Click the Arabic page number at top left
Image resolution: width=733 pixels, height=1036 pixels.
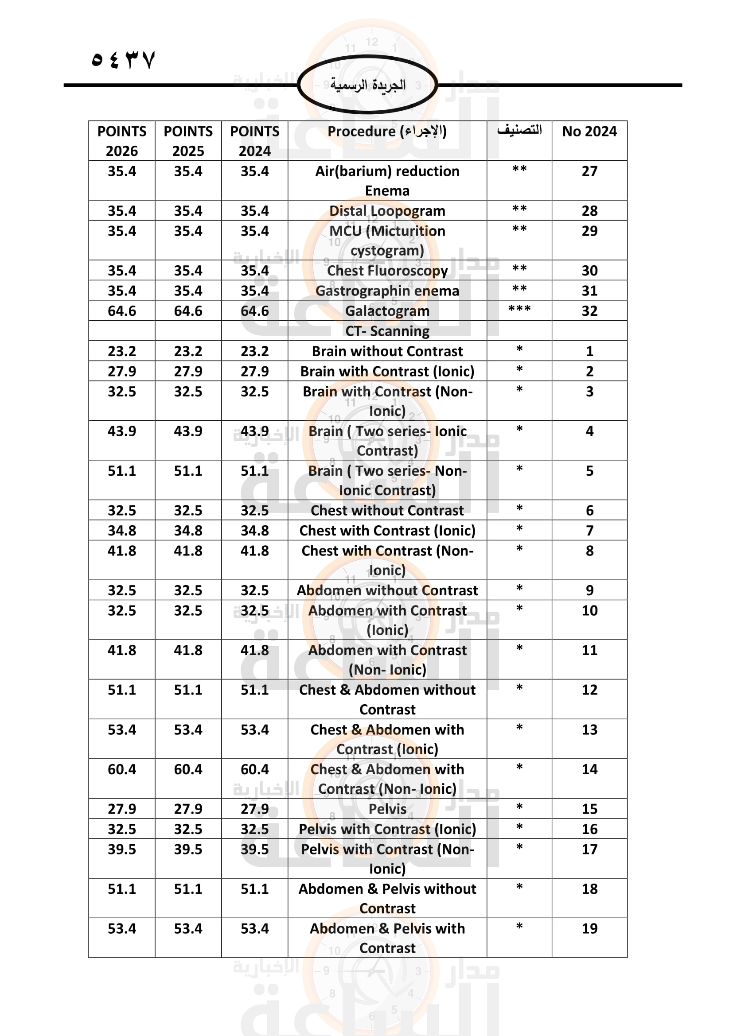tap(123, 59)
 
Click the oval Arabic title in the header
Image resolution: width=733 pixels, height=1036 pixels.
tap(367, 85)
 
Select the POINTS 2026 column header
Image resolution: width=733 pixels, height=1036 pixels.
tap(122, 140)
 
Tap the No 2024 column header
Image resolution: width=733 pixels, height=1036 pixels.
tap(589, 131)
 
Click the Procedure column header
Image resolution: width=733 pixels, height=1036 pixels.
tap(387, 131)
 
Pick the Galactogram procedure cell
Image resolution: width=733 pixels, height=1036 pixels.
tap(387, 311)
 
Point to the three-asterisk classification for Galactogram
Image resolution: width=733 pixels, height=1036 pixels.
tap(519, 310)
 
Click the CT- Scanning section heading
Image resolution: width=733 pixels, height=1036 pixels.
tap(387, 331)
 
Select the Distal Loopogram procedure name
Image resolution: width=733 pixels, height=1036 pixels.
tap(387, 211)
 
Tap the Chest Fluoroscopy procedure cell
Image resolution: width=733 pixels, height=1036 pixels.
tap(387, 270)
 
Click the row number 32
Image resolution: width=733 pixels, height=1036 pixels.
tap(589, 311)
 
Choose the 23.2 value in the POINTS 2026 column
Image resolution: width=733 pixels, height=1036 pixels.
tap(122, 351)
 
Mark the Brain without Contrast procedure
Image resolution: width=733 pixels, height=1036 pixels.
tap(387, 351)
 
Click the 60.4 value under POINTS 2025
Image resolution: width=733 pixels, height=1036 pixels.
tap(188, 769)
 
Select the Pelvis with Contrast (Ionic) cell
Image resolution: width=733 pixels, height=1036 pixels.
tap(387, 829)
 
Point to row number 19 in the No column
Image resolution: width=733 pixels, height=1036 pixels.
tap(589, 928)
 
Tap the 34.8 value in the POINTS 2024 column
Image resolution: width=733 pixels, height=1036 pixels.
tap(254, 531)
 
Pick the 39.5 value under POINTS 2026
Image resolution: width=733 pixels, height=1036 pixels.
tap(122, 849)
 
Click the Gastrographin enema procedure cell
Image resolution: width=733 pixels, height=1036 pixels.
tap(387, 291)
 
